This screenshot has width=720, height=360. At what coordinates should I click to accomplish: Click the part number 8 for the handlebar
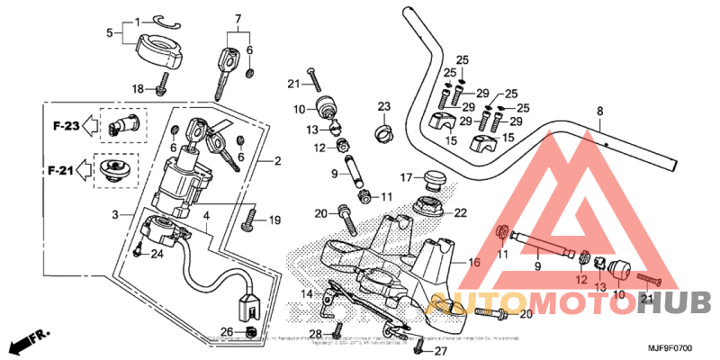[x=599, y=112]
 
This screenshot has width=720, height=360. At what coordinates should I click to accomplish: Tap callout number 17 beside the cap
[x=406, y=176]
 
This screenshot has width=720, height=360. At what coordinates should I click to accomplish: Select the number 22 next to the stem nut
[x=461, y=213]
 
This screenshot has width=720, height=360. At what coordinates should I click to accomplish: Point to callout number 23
[x=383, y=106]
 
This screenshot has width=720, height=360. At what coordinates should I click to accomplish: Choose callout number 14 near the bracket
[x=307, y=293]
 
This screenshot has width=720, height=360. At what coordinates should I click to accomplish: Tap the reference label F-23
[x=65, y=126]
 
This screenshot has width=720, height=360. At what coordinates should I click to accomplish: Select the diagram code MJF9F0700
[x=668, y=347]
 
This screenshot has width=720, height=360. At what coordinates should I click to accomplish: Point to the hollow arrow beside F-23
[x=90, y=127]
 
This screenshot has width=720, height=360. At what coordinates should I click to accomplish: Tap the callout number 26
[x=227, y=332]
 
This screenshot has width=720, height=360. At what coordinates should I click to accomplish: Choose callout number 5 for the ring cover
[x=111, y=33]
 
